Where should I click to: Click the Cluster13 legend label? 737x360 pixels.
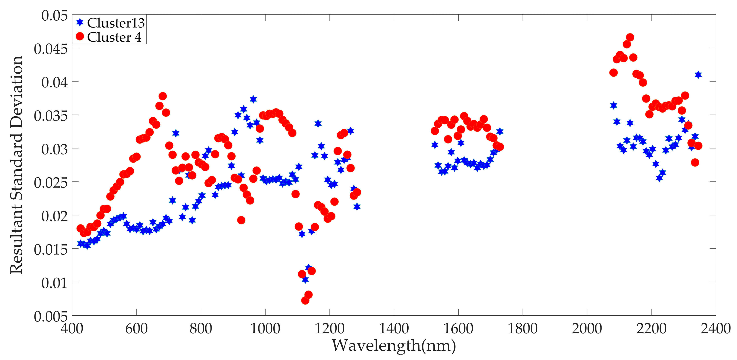coord(116,23)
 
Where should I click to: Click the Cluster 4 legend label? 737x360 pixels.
coord(114,37)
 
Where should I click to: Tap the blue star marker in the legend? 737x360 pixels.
coord(80,22)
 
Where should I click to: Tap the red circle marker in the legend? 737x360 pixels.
coord(80,37)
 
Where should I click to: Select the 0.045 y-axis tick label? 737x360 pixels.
coord(51,49)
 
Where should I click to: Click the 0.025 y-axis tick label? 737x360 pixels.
coord(51,183)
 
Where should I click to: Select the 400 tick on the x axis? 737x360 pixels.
coord(72,328)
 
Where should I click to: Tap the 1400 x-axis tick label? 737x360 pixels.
coord(394,328)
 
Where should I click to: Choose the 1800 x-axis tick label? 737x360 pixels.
coord(523,328)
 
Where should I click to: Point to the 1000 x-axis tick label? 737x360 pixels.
coord(265,328)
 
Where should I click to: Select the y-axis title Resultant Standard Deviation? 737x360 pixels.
coord(17,165)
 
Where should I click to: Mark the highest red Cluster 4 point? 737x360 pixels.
coord(630,38)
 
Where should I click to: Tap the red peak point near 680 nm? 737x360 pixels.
coord(163,96)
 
